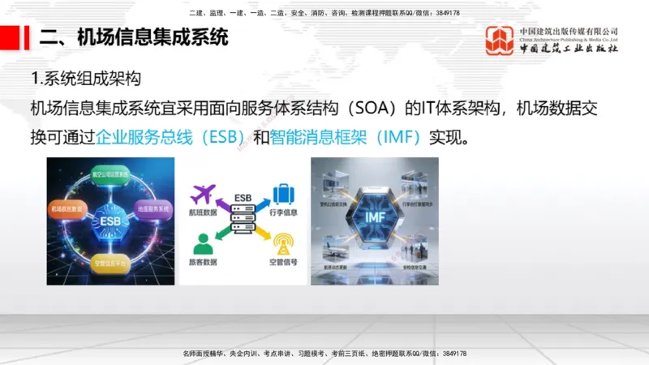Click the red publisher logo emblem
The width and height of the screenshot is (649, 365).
pos(500,41)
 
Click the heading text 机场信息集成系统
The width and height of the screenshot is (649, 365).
pos(152,37)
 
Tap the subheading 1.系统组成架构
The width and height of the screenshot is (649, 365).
pos(86,80)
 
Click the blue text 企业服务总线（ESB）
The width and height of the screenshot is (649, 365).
pos(172,136)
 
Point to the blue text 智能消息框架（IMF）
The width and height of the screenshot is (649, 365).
pos(347,136)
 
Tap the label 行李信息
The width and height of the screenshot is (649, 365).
pos(284,213)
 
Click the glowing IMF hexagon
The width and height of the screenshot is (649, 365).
pos(375,218)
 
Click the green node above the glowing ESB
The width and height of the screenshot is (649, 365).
pos(110,175)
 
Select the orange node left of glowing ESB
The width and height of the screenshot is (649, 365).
pos(68,210)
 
